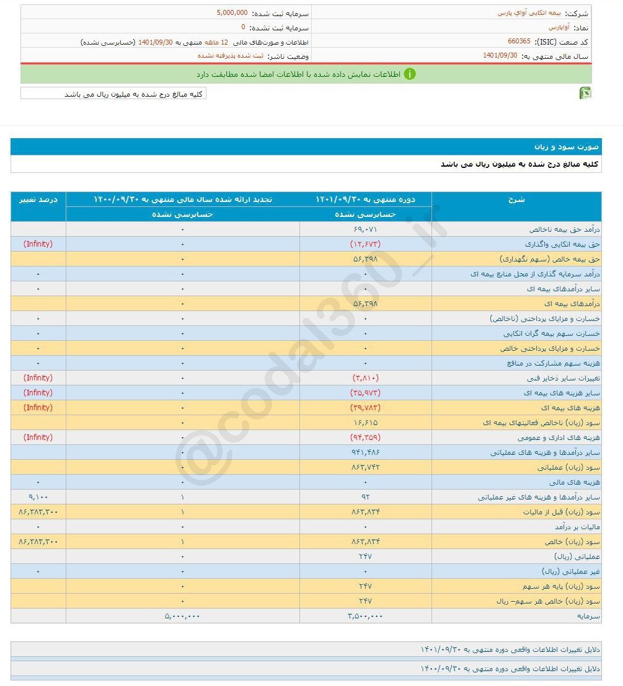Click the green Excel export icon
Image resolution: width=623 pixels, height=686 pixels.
pos(585,93)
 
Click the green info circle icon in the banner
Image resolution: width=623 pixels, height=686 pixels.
pos(410,74)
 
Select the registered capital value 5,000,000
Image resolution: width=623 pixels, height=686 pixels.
pos(232,12)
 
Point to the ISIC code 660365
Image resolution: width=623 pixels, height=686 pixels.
pos(519,42)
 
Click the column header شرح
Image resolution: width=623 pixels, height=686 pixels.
pos(516,199)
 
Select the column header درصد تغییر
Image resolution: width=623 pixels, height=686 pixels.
pos(38,199)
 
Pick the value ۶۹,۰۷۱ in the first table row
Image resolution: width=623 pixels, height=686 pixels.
pos(365,229)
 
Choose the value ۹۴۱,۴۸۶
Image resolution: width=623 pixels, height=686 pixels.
pos(365,452)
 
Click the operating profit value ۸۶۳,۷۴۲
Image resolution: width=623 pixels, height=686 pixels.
pos(365,467)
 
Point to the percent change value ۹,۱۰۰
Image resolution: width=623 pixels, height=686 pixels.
pos(38,497)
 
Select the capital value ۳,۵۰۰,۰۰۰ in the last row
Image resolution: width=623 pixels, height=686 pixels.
pos(365,616)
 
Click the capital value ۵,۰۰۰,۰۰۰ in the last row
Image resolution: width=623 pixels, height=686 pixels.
pos(182,616)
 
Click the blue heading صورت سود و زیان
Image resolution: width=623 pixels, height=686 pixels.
pos(567,147)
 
